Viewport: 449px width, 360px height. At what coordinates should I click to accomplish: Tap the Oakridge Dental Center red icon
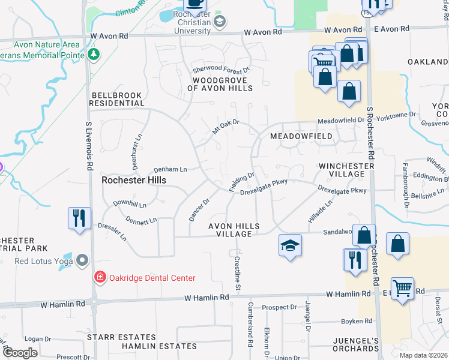coord(100,277)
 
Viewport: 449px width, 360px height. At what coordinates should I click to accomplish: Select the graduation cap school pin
coord(290,245)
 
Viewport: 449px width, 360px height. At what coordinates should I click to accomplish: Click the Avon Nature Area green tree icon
coord(93,55)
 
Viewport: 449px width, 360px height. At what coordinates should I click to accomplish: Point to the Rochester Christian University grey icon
coord(220,22)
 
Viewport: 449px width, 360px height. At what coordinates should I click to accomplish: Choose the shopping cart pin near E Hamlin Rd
coord(402,288)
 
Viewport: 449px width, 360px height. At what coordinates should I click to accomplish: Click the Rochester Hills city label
coord(133,179)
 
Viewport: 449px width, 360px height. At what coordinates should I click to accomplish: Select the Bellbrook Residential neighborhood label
coord(118,99)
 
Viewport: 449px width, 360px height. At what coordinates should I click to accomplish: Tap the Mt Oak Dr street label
coord(226,127)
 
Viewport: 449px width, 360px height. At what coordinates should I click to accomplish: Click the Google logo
coord(20,352)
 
